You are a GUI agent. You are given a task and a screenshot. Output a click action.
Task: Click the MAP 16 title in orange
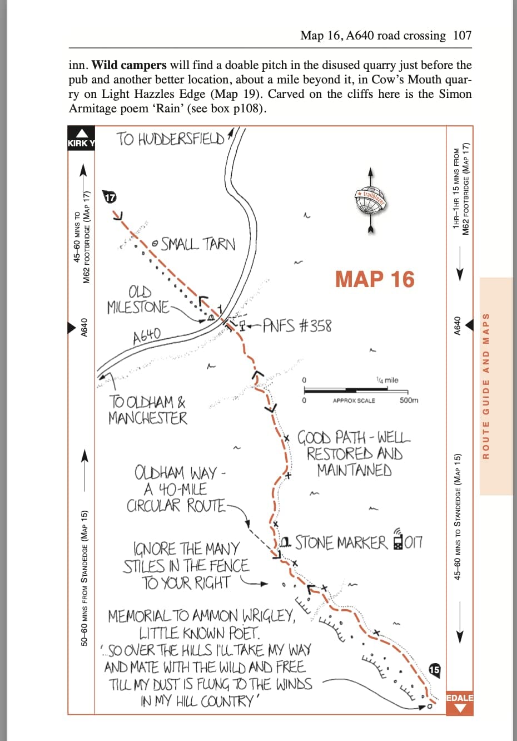pos(375,279)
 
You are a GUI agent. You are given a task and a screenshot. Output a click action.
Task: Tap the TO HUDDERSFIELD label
pos(171,139)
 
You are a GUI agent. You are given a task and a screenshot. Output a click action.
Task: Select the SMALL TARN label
pos(198,244)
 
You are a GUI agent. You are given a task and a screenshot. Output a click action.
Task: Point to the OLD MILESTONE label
pos(138,300)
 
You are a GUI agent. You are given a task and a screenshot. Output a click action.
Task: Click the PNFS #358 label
pos(297,325)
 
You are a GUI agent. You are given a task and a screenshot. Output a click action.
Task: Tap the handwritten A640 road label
pos(147,335)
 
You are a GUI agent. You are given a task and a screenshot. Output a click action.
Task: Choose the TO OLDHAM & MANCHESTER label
pos(148,409)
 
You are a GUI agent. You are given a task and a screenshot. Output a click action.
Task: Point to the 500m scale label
pos(409,401)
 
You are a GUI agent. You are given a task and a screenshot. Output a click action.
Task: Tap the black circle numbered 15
pos(434,670)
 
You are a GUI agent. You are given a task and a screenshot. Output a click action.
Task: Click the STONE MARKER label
pos(341,542)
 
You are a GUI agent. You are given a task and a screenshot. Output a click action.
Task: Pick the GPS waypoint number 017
pos(413,542)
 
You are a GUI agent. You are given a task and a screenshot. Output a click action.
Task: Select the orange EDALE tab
pos(459,702)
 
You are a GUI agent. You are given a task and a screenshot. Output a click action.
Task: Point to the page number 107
pos(462,36)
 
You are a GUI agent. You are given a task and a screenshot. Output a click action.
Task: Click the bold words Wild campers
pos(128,65)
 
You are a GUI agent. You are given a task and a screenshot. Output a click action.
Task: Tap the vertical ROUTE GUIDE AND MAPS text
pos(486,386)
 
